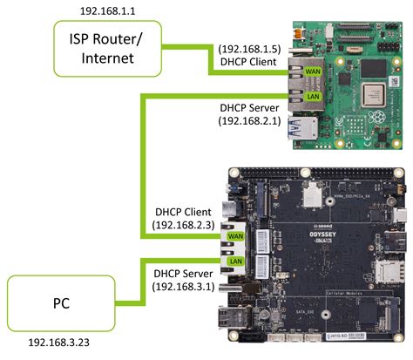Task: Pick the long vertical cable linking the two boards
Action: click(x=137, y=166)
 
